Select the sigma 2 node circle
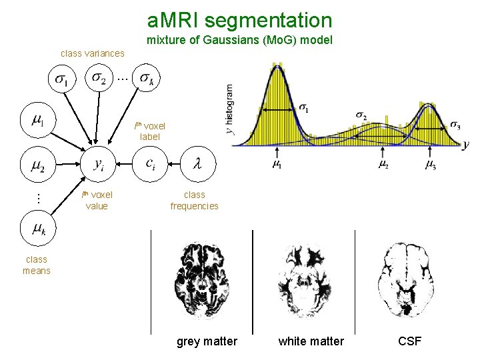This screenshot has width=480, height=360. [x=100, y=79]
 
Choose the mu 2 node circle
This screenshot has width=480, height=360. [x=39, y=165]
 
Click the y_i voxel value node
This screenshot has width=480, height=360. [x=98, y=165]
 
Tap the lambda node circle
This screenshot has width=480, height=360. [x=195, y=163]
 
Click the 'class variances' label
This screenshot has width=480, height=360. [x=92, y=53]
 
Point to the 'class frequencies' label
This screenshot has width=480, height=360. [x=194, y=201]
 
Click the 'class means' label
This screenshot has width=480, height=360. [x=36, y=265]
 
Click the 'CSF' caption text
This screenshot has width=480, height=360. [x=409, y=341]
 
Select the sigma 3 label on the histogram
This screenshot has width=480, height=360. [x=454, y=125]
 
